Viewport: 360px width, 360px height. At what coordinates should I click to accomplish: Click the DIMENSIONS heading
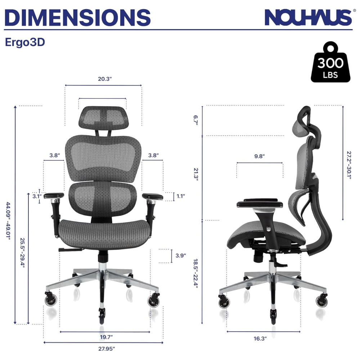click(x=77, y=17)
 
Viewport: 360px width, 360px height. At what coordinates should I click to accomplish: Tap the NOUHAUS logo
click(x=309, y=17)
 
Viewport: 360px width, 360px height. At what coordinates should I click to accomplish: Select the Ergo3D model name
click(x=25, y=42)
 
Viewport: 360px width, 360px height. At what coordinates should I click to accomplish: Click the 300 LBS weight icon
click(x=330, y=62)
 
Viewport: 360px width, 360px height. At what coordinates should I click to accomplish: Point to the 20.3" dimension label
click(x=105, y=79)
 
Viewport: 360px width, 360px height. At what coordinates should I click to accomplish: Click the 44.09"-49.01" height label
click(x=8, y=221)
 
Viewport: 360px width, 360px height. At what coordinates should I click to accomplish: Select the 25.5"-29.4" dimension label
click(x=22, y=253)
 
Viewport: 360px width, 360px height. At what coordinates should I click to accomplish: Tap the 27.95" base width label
click(x=107, y=349)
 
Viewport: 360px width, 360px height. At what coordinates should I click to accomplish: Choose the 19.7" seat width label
click(x=106, y=337)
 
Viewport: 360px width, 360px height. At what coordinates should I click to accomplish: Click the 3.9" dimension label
click(x=181, y=256)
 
